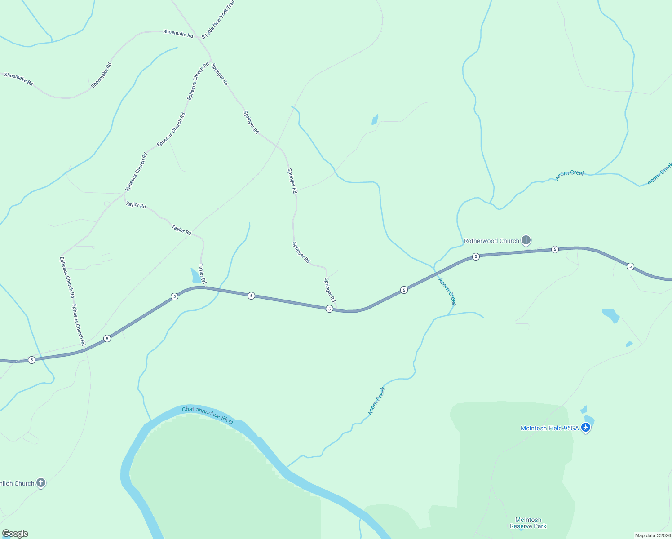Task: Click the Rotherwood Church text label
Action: [x=491, y=241]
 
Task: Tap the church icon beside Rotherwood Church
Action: [x=526, y=240]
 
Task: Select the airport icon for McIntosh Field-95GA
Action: [x=585, y=428]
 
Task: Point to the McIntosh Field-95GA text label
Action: [x=549, y=428]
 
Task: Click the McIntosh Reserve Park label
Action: [x=528, y=523]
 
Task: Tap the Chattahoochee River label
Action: [x=208, y=415]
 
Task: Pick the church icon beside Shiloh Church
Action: [x=41, y=483]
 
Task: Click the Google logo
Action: [x=15, y=534]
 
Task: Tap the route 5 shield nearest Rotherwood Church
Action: [x=476, y=256]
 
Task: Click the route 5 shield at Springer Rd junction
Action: [x=329, y=309]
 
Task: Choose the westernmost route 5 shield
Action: [x=31, y=360]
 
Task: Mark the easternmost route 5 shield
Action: [x=630, y=266]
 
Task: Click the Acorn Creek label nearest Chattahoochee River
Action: [x=376, y=401]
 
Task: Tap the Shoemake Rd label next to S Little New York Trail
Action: [x=178, y=33]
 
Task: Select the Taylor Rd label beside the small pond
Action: [x=203, y=274]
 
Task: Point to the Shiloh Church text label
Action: [x=17, y=483]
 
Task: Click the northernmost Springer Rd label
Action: [x=220, y=74]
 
